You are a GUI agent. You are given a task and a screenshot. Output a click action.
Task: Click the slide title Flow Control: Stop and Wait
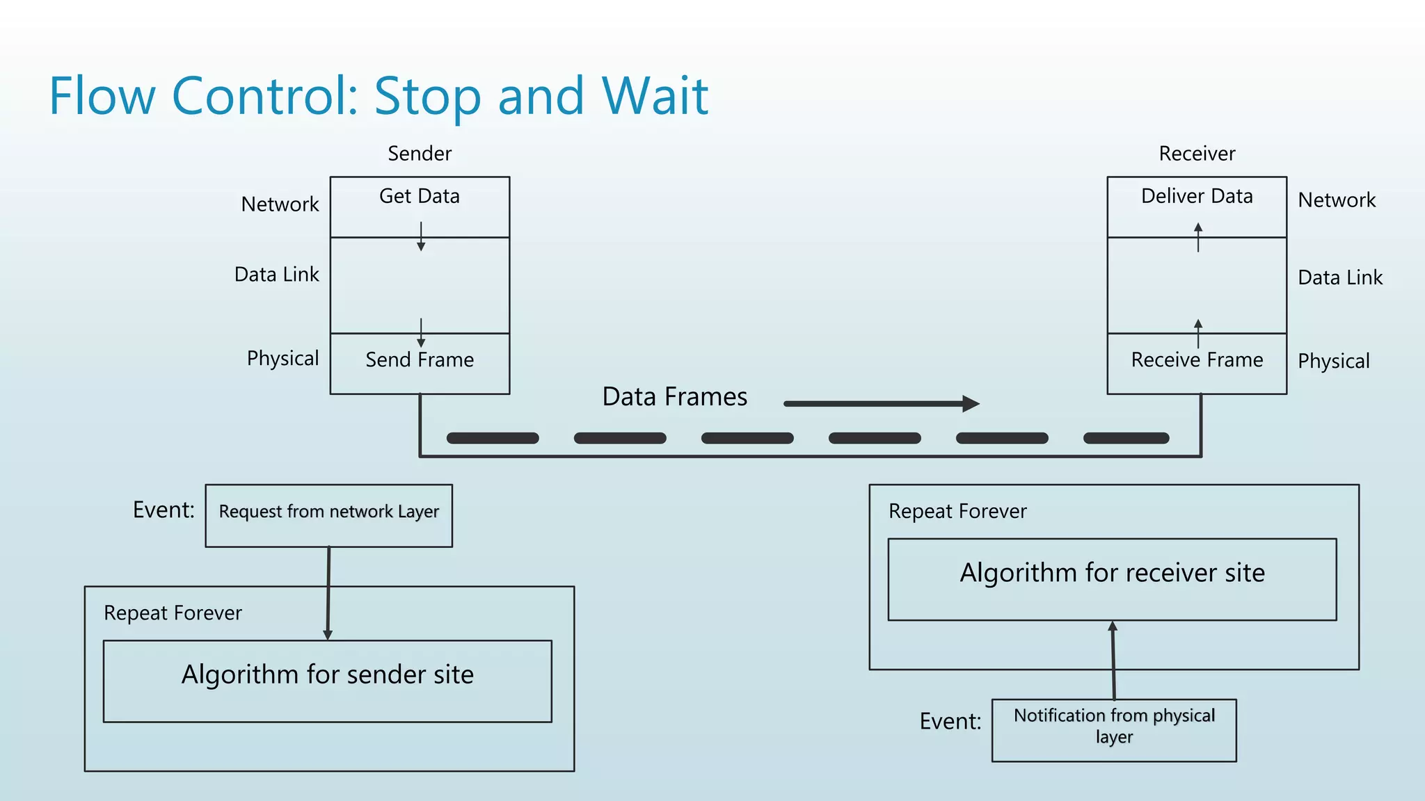tap(379, 96)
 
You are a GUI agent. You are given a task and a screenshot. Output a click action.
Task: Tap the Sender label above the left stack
tap(420, 154)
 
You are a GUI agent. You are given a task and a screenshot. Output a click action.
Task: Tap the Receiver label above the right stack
tap(1197, 154)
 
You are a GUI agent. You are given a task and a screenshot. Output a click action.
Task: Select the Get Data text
tap(420, 197)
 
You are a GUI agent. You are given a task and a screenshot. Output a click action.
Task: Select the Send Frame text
tap(420, 360)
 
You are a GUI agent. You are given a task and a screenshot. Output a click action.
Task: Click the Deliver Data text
tap(1197, 197)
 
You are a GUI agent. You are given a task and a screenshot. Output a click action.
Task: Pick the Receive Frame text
tap(1197, 360)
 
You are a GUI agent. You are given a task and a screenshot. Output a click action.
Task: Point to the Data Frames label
tap(674, 397)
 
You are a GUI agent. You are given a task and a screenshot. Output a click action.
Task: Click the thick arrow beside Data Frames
tap(881, 403)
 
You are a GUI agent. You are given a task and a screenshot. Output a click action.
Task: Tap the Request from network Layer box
tap(328, 515)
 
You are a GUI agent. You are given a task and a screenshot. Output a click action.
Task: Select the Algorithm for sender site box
tap(328, 681)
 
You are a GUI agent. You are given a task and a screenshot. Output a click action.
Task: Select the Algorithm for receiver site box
tap(1112, 578)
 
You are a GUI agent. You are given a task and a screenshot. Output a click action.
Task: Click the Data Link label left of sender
tap(277, 275)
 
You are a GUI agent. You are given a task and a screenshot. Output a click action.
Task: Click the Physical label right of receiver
tap(1333, 362)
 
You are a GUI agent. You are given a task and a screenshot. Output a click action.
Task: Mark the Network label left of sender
tap(280, 204)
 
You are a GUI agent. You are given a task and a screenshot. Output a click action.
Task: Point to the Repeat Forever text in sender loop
tap(173, 613)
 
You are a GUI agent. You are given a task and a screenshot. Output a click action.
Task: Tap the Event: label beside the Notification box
tap(950, 722)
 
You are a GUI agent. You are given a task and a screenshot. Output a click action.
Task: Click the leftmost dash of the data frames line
tap(493, 438)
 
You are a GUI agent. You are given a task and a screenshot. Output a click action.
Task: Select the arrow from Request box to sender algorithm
tap(328, 591)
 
